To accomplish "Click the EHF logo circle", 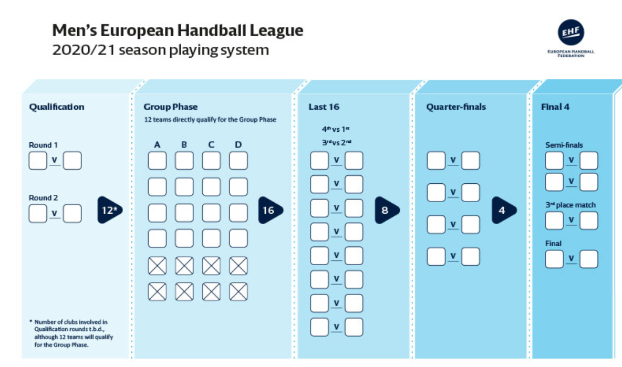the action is tap(571, 32).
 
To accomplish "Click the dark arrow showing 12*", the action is tap(110, 210).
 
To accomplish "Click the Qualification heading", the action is tap(57, 107).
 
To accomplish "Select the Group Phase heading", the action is tap(171, 107).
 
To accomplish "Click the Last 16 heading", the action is tap(324, 107).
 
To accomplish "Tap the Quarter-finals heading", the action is tap(456, 107).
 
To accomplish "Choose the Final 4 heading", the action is tap(555, 107).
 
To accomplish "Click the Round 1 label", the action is tap(43, 145).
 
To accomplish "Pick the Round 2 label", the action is tap(43, 197).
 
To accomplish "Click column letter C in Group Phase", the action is tap(211, 145).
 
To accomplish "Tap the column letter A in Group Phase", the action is tap(157, 145).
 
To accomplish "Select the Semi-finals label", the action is tap(564, 145).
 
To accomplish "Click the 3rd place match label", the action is tap(571, 205).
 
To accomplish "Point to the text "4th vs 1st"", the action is tap(336, 129).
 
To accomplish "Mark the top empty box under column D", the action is tap(239, 161).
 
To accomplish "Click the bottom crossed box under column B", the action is tap(184, 292).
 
